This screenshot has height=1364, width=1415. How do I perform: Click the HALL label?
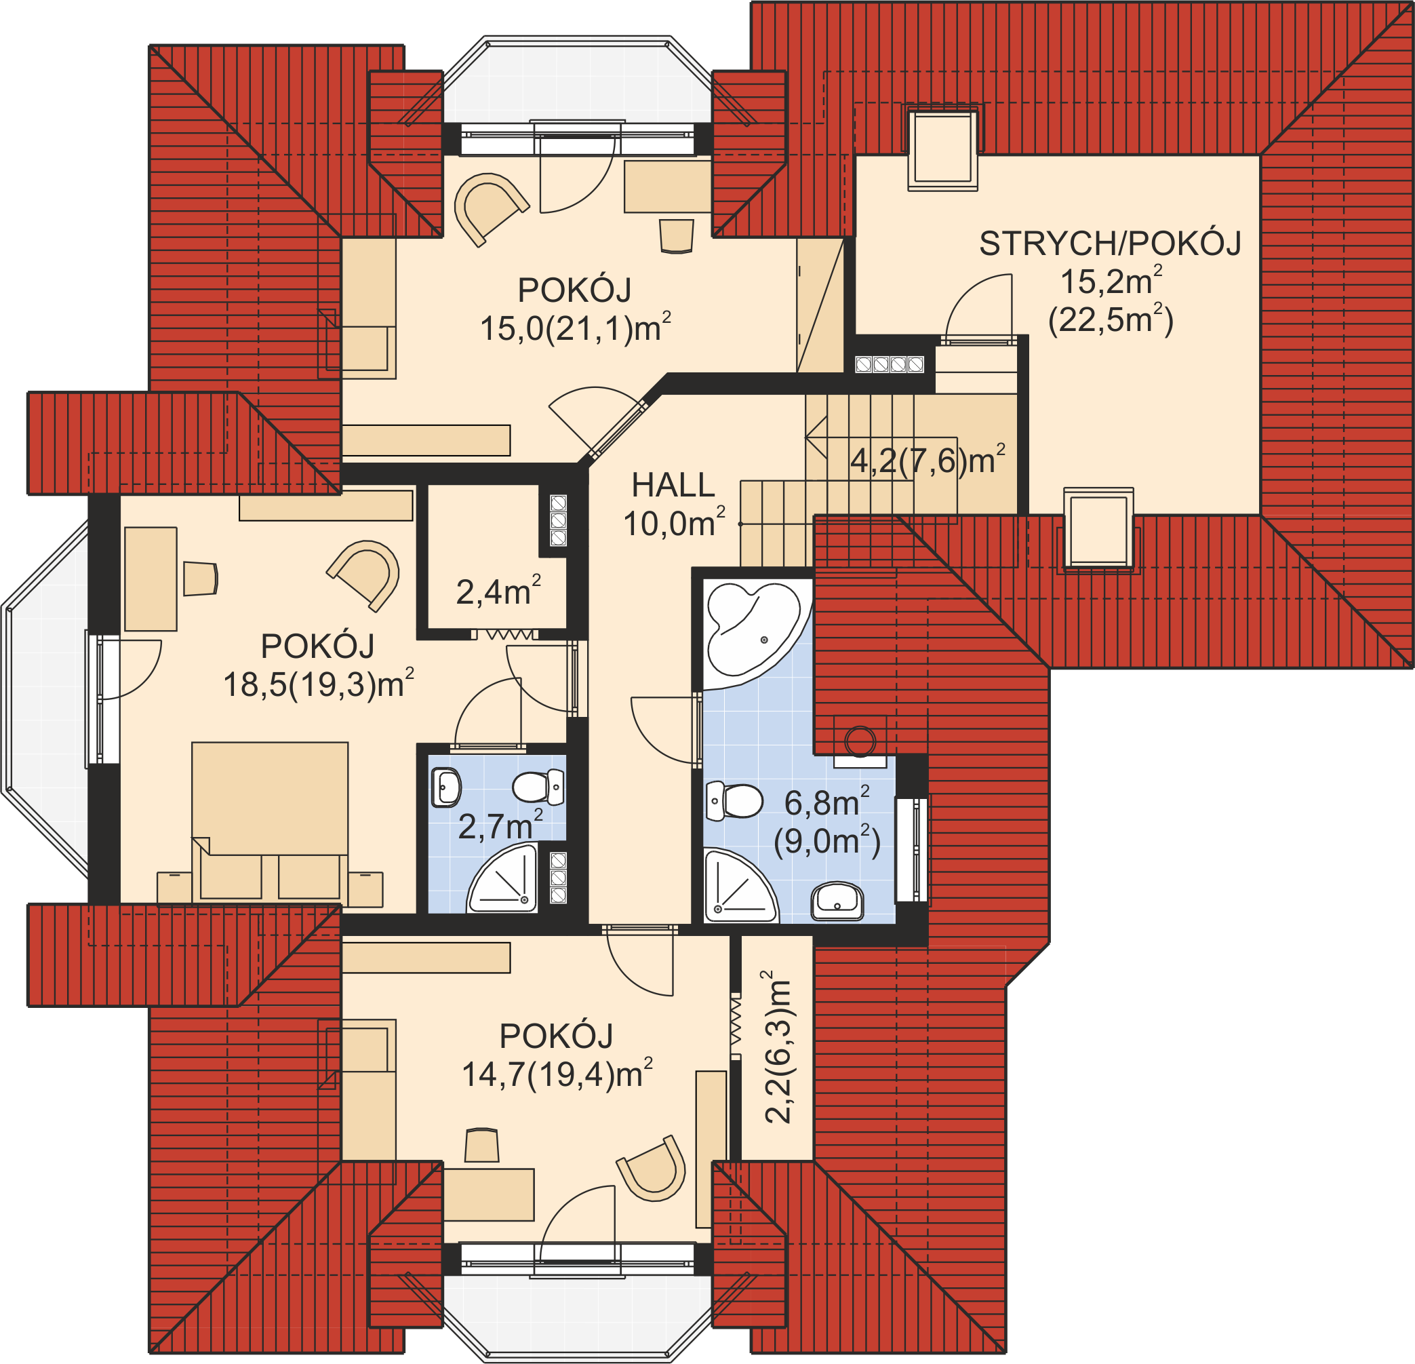[x=673, y=485]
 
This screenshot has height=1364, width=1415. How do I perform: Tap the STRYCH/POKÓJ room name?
[x=1110, y=244]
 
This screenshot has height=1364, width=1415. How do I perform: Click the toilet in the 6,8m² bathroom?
[x=734, y=801]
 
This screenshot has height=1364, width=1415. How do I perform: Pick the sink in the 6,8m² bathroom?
[x=837, y=901]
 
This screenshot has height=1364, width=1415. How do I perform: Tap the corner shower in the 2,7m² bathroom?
[x=502, y=878]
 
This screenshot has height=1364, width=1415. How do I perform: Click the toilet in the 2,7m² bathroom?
[x=538, y=786]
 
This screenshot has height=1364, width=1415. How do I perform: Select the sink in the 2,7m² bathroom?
[x=446, y=787]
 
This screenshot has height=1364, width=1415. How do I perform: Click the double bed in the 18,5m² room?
[x=270, y=820]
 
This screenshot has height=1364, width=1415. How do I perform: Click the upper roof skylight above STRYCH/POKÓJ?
[x=942, y=147]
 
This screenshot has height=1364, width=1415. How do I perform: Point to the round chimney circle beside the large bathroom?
[x=860, y=740]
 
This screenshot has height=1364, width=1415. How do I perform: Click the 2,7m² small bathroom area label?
[x=500, y=825]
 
